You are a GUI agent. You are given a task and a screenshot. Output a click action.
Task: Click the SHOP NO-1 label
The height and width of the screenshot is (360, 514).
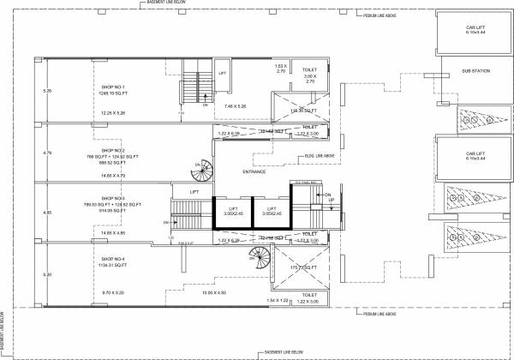pos(113,87)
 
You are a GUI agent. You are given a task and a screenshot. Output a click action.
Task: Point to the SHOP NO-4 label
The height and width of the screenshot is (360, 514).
pos(113,258)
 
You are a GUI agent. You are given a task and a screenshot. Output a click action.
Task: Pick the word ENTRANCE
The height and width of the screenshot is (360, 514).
pos(254,171)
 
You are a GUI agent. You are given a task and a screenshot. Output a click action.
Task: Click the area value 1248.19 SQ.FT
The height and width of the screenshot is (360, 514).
pos(113,93)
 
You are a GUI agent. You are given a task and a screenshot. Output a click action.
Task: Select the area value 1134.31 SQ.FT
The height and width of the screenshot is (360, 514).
pos(113,265)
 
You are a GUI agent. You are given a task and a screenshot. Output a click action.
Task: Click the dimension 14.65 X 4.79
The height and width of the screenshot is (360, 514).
pos(113,175)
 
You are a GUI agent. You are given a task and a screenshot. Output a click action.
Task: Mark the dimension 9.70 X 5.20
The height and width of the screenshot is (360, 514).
pos(113,293)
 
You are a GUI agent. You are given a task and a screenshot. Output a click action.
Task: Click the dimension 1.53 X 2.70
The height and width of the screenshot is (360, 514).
pos(278,69)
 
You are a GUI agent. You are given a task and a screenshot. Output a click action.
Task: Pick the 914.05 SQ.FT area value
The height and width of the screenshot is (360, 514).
pos(113,210)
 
